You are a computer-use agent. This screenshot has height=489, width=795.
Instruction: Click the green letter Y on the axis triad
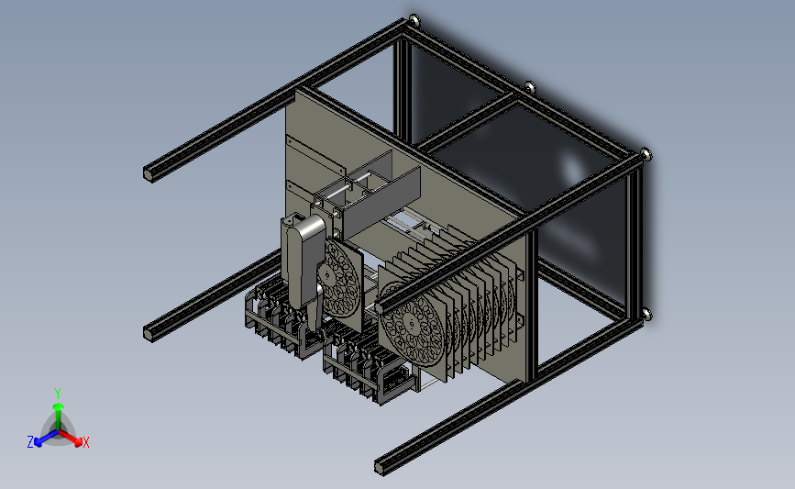point(57,394)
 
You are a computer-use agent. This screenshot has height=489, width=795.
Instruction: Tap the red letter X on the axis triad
point(85,442)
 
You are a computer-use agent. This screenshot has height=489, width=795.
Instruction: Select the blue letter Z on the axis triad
point(30,442)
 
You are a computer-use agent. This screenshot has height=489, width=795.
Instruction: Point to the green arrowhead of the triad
point(58,406)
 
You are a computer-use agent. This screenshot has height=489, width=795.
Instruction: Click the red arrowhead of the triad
point(77,442)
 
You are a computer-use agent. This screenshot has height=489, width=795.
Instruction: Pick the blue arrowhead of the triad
point(39,442)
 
